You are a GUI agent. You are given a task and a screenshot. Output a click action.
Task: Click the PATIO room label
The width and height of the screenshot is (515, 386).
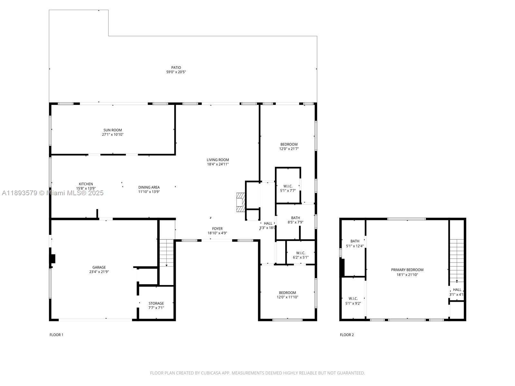176,68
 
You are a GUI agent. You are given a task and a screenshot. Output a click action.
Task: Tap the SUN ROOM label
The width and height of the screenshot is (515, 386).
113,130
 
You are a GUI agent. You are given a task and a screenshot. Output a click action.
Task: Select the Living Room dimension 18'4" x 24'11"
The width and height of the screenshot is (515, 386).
218,164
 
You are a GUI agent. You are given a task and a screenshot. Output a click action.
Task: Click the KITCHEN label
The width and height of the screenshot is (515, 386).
86,184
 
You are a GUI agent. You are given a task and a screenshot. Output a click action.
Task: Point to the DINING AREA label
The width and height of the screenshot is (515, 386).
149,187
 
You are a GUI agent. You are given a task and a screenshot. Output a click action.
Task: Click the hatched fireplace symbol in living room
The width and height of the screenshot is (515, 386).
240,202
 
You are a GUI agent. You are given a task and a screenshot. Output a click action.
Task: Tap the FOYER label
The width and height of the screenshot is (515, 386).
217,229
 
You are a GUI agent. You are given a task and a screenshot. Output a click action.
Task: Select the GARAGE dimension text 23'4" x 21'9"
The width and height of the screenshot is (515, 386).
99,272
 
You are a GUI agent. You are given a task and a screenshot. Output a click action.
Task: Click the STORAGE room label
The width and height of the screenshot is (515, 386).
156,303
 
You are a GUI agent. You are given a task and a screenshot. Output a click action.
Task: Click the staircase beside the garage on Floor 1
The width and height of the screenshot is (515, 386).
167,253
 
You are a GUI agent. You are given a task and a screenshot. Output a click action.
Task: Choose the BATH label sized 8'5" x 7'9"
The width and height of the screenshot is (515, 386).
295,218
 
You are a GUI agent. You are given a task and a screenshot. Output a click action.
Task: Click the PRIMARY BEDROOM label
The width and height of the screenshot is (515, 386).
407,270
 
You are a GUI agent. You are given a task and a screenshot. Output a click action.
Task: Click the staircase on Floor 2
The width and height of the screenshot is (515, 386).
457,261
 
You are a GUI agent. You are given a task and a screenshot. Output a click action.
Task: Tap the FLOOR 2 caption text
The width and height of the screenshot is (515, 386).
347,335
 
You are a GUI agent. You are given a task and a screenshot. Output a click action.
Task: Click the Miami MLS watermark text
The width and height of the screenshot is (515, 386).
53,193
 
